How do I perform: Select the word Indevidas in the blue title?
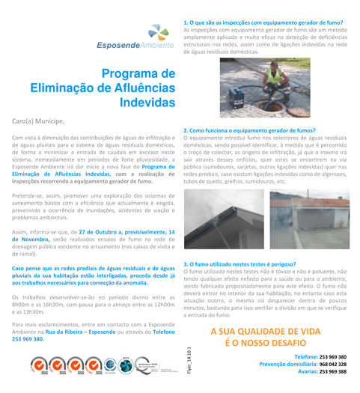coord(147,101)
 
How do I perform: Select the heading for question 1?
coord(263,23)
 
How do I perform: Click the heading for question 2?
coord(249,130)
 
